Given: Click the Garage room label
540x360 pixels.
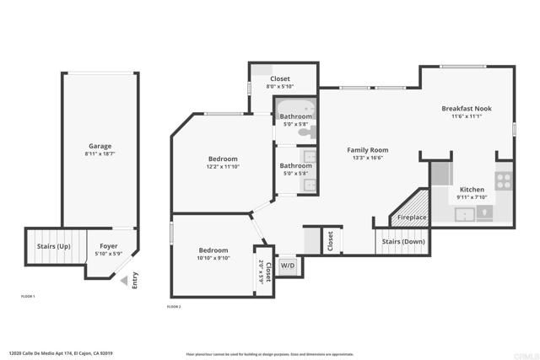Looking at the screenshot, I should [100, 146].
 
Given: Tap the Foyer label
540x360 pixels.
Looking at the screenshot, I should [109, 245].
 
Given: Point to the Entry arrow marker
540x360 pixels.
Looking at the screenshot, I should [126, 281].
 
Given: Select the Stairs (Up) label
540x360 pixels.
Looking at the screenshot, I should [53, 246].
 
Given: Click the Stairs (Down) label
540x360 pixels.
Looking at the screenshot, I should [403, 241].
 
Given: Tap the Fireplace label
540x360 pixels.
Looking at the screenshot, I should [412, 218].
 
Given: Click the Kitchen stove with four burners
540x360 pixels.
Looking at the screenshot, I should [504, 179].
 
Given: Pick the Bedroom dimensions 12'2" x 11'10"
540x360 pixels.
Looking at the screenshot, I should [223, 167].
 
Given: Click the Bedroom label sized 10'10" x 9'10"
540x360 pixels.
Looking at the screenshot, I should [213, 250].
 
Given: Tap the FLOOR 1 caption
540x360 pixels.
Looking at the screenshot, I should [34, 297].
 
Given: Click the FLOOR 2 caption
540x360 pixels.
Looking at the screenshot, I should [175, 307].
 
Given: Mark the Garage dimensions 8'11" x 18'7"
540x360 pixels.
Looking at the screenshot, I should [100, 154].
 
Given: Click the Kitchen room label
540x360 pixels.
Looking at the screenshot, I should [471, 190].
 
